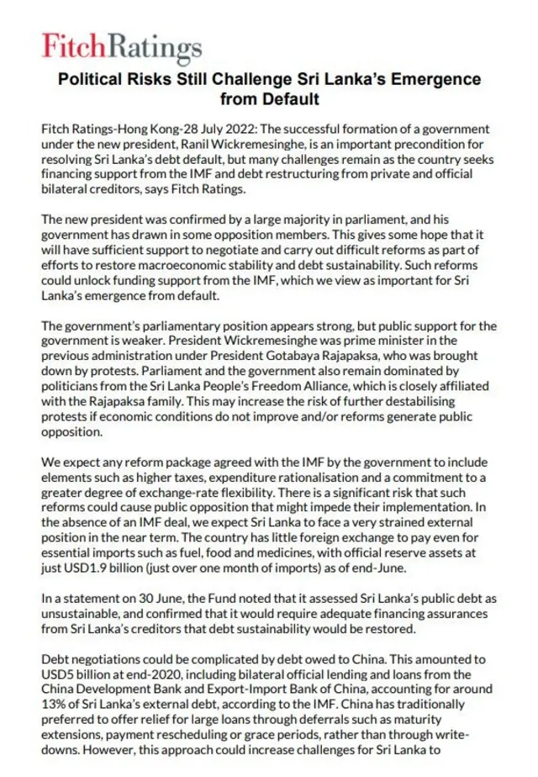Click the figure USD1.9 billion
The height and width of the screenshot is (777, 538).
click(94, 568)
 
